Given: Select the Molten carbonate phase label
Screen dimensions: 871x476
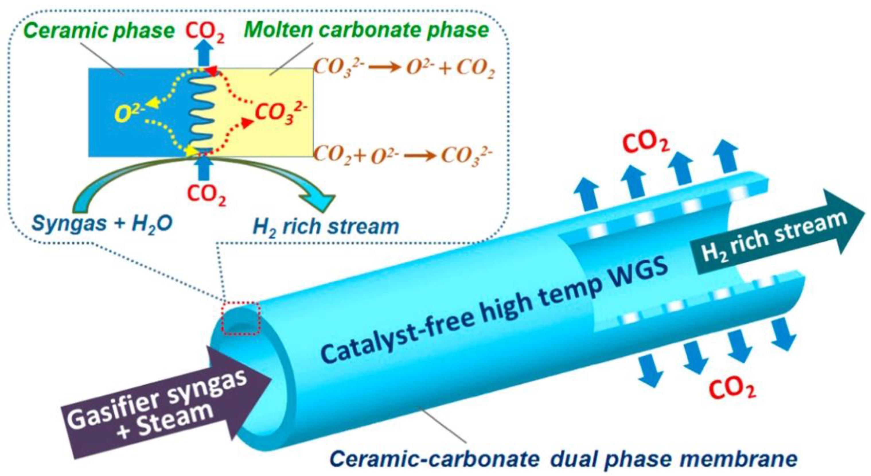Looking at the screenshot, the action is click(367, 30).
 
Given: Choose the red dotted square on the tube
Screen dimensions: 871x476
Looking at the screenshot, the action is click(240, 319).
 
